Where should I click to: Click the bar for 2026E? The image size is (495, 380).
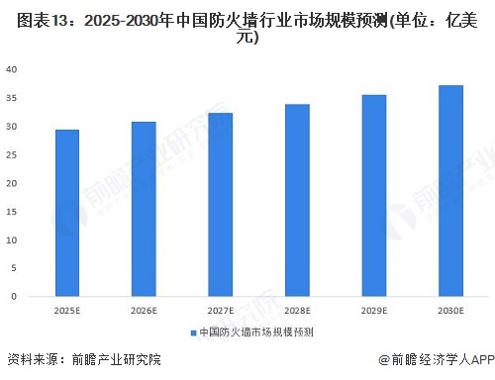click(144, 209)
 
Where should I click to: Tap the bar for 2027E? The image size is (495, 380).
click(221, 204)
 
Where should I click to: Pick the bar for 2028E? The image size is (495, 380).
click(297, 200)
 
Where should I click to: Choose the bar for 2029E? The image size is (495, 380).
click(373, 195)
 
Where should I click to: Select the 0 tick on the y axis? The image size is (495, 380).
click(13, 296)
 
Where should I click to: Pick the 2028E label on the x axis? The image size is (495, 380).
click(297, 310)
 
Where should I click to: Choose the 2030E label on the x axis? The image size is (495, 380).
click(450, 310)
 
